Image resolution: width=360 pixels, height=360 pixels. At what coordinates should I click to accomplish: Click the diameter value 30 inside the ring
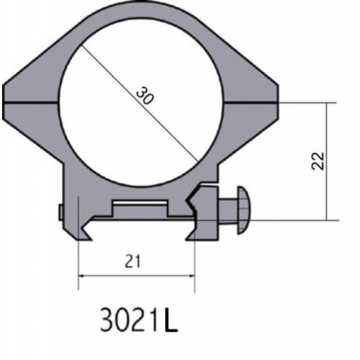tap(144, 96)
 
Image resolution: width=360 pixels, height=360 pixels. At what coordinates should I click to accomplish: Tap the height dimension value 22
tap(318, 161)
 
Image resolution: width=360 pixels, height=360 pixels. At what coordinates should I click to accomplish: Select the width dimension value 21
tap(132, 261)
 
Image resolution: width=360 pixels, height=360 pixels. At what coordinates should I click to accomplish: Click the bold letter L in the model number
tap(171, 320)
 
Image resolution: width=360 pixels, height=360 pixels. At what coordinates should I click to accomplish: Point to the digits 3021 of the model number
tap(131, 320)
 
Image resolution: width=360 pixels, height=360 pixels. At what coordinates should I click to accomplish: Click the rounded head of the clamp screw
tap(244, 210)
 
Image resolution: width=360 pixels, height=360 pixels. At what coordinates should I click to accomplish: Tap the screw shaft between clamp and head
tap(228, 211)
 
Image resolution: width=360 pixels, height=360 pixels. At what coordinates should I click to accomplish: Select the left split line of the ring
tap(31, 103)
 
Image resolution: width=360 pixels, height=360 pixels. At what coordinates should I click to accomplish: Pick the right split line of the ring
tap(251, 103)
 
